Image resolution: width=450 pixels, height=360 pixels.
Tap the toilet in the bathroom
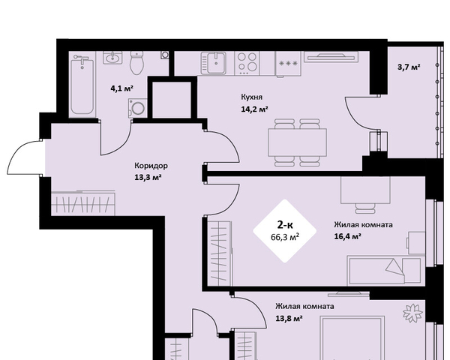coord(137,63)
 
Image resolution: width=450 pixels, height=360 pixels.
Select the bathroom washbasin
coord(112,58)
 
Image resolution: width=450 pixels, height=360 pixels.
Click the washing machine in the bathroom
coord(138,108)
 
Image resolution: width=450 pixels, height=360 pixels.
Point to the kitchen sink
coord(214,63)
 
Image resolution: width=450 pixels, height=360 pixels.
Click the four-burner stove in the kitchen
coord(247,64)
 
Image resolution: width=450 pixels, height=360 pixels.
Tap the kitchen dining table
coord(297,142)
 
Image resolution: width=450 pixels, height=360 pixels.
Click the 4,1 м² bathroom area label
coord(122,88)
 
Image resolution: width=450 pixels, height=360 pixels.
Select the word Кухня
coord(251,97)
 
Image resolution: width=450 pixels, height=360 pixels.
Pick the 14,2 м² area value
coord(254,109)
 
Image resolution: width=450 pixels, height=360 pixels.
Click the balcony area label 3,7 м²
coord(409,67)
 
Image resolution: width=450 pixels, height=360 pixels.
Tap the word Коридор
coord(151,166)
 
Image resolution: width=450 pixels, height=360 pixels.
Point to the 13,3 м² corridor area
coord(148,177)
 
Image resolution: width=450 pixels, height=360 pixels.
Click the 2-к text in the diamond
coord(285,224)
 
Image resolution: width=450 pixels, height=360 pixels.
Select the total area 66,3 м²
coord(285,237)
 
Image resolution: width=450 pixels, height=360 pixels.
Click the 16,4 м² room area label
coord(347,236)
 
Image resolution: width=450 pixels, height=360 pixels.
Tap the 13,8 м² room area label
coord(289,318)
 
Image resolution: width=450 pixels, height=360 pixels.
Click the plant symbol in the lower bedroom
coord(413,313)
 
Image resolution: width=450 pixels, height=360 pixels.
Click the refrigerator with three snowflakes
coord(288,64)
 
